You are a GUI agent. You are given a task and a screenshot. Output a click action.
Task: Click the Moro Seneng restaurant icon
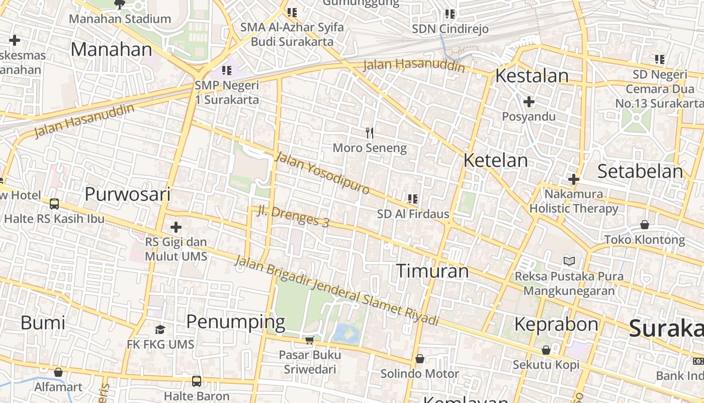coord(370,133)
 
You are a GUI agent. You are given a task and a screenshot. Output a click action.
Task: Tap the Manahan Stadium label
coord(120,19)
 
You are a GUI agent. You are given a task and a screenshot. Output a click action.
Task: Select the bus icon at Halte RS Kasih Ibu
coord(54,204)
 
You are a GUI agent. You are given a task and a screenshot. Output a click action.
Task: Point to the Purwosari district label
coord(128,194)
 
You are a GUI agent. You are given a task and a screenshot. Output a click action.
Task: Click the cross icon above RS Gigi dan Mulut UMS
coord(175,227)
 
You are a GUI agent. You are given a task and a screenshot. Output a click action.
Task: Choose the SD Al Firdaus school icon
coord(413,199)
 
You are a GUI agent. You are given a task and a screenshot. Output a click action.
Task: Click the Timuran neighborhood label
coord(432,271)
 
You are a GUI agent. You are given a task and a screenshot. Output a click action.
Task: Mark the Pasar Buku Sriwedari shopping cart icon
coord(309,340)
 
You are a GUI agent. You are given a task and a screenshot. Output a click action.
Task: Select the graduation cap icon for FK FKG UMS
coord(160,329)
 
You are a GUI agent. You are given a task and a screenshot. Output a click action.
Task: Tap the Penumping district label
coord(235,321)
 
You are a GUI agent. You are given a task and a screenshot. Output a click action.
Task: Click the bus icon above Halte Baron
coord(196,381)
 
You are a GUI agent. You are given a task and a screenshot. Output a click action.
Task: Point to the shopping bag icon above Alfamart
coord(58,372)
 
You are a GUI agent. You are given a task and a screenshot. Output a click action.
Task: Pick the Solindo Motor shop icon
coord(419,359)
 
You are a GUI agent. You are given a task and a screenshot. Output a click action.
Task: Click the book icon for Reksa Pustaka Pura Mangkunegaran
coord(569,261)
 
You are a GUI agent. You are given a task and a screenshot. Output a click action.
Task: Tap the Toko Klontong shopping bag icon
coord(644,225)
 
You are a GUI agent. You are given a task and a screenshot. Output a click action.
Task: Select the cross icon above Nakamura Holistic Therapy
coord(573,179)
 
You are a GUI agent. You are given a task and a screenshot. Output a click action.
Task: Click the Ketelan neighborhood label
coord(495,161)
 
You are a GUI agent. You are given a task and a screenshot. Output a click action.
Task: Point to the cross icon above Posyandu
coord(529,102)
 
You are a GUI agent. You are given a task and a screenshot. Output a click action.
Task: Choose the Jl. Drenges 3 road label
coord(293,217)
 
